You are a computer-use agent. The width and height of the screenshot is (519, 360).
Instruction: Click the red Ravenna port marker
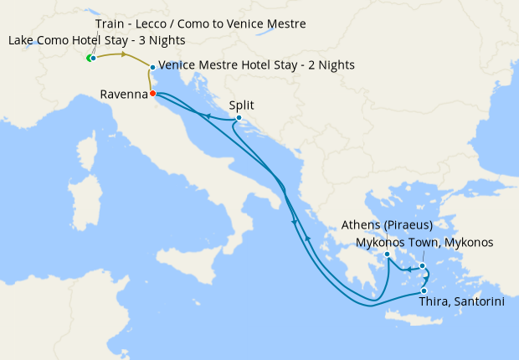click(152, 94)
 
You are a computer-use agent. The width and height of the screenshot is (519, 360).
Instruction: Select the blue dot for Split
click(239, 118)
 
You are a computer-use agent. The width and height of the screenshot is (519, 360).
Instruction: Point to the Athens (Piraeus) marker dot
click(388, 255)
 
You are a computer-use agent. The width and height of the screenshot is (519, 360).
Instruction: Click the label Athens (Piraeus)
click(387, 225)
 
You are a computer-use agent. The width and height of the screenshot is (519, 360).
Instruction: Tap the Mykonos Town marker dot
click(423, 266)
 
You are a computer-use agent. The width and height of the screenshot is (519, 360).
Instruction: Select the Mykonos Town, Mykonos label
click(424, 242)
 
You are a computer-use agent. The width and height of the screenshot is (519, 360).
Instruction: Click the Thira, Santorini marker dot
click(424, 291)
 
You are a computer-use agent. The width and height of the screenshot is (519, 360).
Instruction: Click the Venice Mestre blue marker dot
click(152, 67)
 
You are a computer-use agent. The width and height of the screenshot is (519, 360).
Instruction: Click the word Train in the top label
click(111, 23)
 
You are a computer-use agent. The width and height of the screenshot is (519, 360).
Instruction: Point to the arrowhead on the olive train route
click(125, 55)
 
